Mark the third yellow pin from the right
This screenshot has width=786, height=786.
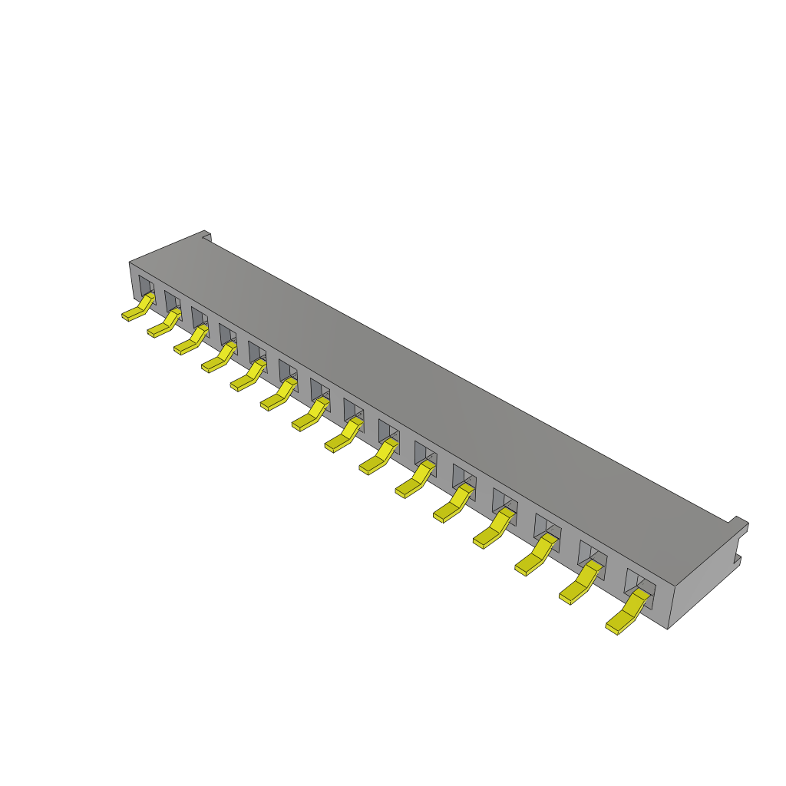(x=535, y=556)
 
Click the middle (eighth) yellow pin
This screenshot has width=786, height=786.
(x=343, y=435)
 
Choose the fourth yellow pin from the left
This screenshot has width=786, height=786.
(x=218, y=358)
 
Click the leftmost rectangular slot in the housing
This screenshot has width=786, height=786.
(x=146, y=289)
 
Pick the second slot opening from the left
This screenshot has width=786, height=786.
(x=172, y=302)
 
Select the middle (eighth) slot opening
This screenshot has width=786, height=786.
(x=354, y=411)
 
